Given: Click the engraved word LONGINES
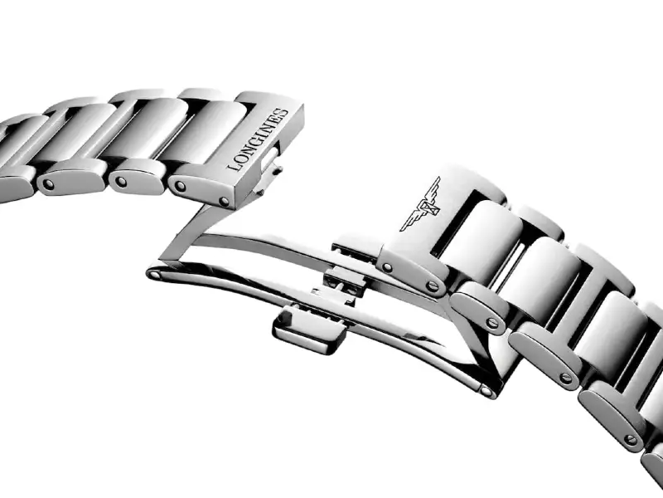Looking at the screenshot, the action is (x=258, y=139).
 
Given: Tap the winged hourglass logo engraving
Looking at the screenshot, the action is (x=421, y=204).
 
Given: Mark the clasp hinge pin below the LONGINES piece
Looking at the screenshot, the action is (x=154, y=275).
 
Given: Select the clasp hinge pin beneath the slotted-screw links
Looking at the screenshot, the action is (x=487, y=391).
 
